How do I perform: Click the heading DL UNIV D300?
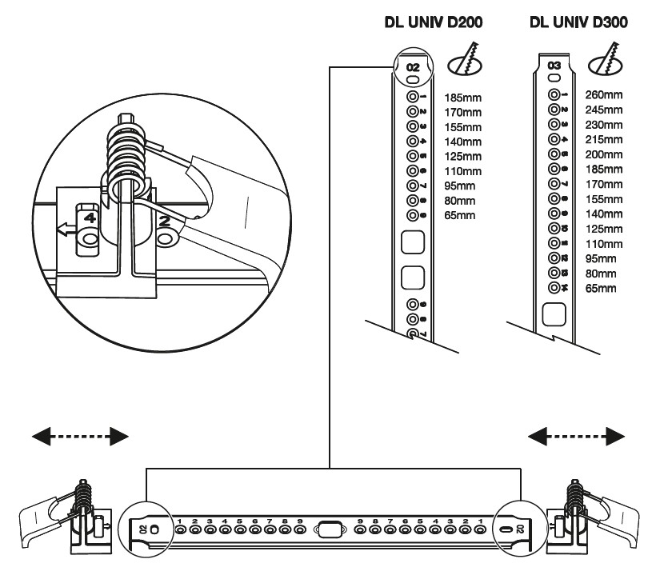[578, 24]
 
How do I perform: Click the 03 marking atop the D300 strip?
[553, 63]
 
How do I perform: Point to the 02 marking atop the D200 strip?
[413, 68]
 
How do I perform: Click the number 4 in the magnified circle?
[89, 218]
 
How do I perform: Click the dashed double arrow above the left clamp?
[80, 435]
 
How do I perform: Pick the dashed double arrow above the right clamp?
[578, 435]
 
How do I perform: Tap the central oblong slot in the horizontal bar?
[330, 529]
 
